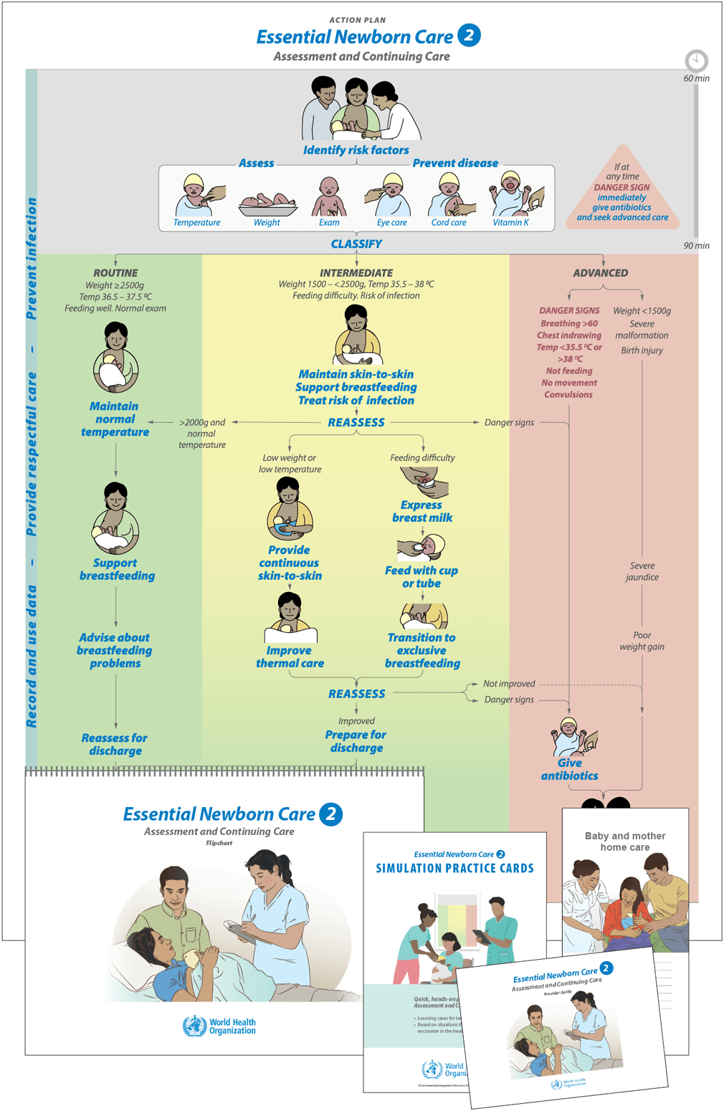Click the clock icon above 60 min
pyautogui.click(x=696, y=60)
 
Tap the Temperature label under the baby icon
pyautogui.click(x=196, y=223)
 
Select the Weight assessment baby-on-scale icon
pyautogui.click(x=267, y=204)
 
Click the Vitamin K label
pyautogui.click(x=510, y=223)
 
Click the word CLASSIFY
pyautogui.click(x=356, y=244)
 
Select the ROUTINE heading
pyautogui.click(x=115, y=273)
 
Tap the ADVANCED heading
pyautogui.click(x=600, y=273)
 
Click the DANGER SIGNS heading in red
pyautogui.click(x=569, y=311)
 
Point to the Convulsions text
pyautogui.click(x=568, y=395)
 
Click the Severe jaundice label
pyautogui.click(x=642, y=571)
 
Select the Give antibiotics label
pyautogui.click(x=569, y=769)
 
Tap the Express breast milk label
pyautogui.click(x=422, y=511)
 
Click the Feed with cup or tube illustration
pyautogui.click(x=421, y=548)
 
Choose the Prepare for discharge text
pyautogui.click(x=356, y=741)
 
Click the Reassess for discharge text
pyautogui.click(x=115, y=744)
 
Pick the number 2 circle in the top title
pyautogui.click(x=469, y=35)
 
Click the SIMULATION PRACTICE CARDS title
pyautogui.click(x=454, y=869)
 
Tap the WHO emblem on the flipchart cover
pyautogui.click(x=194, y=1026)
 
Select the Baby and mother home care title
pyautogui.click(x=625, y=841)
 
